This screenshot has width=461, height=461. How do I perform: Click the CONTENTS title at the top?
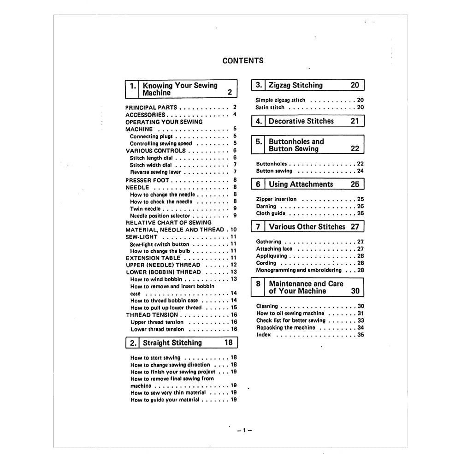coord(243,60)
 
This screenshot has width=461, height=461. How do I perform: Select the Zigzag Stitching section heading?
coord(296,85)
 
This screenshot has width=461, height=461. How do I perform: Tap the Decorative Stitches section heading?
coord(301,121)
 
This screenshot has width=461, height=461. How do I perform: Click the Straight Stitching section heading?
coord(172,343)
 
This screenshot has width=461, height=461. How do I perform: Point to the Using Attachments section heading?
coord(301,184)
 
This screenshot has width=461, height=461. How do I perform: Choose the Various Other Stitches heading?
coord(307,227)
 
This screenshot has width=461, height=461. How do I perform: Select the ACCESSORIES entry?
coord(145,115)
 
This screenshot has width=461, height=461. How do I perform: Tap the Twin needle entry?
coord(145,209)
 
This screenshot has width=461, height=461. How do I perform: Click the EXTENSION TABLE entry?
coord(153,258)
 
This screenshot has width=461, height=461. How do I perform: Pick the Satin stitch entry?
coord(270,107)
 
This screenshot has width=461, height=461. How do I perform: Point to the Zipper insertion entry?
coord(276,200)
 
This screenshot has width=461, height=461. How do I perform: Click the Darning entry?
coord(266,207)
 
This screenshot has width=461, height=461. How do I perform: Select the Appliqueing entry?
coord(272,256)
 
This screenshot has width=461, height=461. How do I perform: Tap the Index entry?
coord(264,335)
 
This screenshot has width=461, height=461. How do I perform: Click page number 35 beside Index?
coord(361,335)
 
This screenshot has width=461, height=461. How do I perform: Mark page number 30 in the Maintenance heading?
coord(355,291)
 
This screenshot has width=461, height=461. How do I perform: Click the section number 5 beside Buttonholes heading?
coord(259,142)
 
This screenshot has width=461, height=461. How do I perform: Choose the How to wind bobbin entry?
coord(156,279)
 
